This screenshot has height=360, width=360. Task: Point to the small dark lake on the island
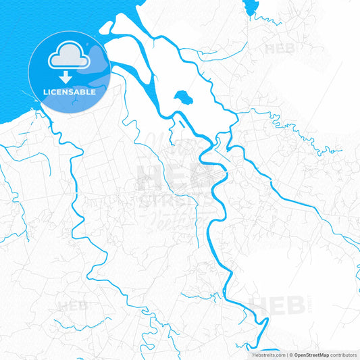click(x=182, y=99)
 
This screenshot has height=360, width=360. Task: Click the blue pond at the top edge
click(x=251, y=7)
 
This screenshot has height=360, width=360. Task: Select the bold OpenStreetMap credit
click(x=315, y=354)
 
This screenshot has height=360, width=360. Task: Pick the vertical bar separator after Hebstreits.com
click(x=287, y=354)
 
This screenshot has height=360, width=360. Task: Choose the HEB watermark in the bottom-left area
click(x=73, y=305)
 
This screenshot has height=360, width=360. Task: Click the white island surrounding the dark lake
click(x=155, y=74)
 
